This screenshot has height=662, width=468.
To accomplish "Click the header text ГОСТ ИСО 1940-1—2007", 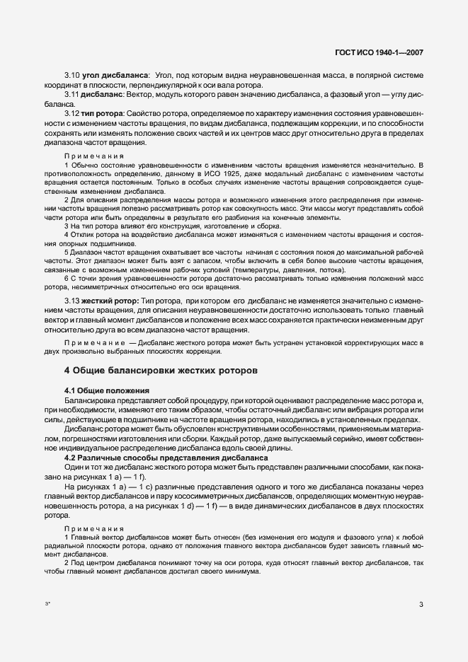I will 383,52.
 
